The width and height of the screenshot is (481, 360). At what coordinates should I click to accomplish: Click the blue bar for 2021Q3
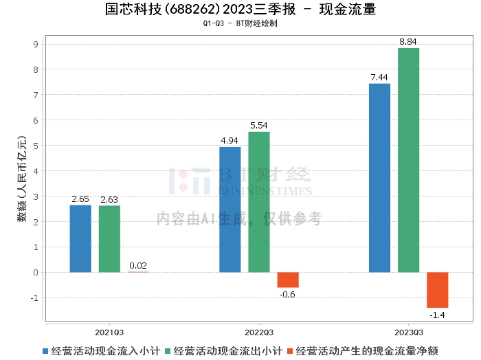(x=80, y=238)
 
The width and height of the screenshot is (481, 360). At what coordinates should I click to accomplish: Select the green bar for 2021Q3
(x=109, y=238)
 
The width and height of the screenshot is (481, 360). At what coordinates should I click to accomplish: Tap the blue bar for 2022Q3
(x=230, y=210)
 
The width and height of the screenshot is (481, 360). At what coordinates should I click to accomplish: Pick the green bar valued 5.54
(x=259, y=202)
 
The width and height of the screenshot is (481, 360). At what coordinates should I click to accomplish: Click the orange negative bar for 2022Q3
(x=288, y=280)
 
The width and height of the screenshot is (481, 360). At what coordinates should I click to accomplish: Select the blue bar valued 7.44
(x=379, y=178)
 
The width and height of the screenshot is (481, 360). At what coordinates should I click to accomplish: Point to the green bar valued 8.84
(x=408, y=160)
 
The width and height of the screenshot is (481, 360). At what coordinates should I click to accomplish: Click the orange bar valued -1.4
(x=437, y=290)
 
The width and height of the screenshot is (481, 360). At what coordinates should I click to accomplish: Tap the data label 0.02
(x=138, y=265)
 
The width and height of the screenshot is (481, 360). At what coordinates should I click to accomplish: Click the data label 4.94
(x=230, y=141)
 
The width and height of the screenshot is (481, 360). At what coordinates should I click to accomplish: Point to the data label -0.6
(x=288, y=294)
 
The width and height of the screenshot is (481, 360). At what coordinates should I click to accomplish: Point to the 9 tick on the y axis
(x=36, y=45)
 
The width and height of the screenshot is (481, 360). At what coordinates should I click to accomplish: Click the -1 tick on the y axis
(x=34, y=298)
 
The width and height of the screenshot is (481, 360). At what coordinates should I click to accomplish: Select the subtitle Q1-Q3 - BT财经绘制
(x=240, y=23)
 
